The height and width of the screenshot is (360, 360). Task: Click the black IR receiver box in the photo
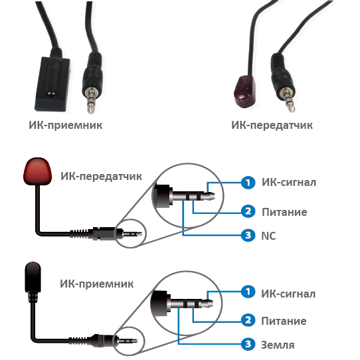pos(52,84)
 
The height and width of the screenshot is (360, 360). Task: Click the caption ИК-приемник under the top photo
pos(66,126)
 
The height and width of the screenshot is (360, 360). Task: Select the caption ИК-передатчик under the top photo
pos(272,126)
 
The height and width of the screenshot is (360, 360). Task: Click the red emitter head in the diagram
pos(37,171)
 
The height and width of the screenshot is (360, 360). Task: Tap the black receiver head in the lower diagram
pos(33,278)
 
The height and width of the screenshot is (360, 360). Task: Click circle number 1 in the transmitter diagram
pos(248,183)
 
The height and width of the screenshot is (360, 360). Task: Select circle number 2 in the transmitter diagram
pos(248,211)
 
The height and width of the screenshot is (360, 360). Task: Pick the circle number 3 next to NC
pos(248,235)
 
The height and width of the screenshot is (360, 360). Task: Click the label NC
pos(268,236)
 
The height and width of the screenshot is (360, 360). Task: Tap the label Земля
pos(278,345)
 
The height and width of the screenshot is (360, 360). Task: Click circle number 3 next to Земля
pos(248,344)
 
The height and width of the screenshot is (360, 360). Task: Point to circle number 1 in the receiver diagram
pos(248,292)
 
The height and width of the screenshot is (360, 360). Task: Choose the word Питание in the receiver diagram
pos(284,321)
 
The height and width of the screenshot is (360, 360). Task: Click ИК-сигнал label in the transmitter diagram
pos(289,183)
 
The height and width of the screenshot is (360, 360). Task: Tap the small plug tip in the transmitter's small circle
pos(138,234)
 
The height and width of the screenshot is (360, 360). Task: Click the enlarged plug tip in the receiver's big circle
pos(207,304)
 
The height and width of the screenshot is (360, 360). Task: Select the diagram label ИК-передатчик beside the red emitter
pos(101,176)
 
